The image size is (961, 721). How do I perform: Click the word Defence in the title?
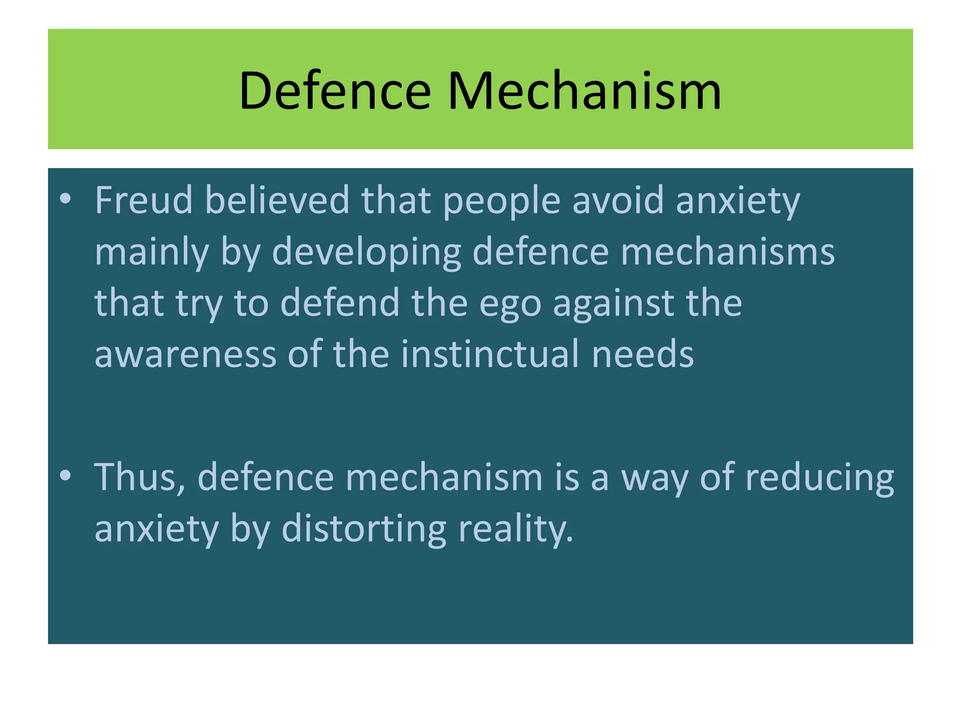(x=335, y=91)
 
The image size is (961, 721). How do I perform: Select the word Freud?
(x=144, y=200)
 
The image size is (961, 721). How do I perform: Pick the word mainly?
(x=152, y=253)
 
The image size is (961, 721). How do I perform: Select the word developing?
(x=366, y=253)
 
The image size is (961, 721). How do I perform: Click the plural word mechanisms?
(x=728, y=252)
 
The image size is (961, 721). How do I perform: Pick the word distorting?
(x=364, y=529)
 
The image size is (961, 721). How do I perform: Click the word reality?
(x=516, y=529)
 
